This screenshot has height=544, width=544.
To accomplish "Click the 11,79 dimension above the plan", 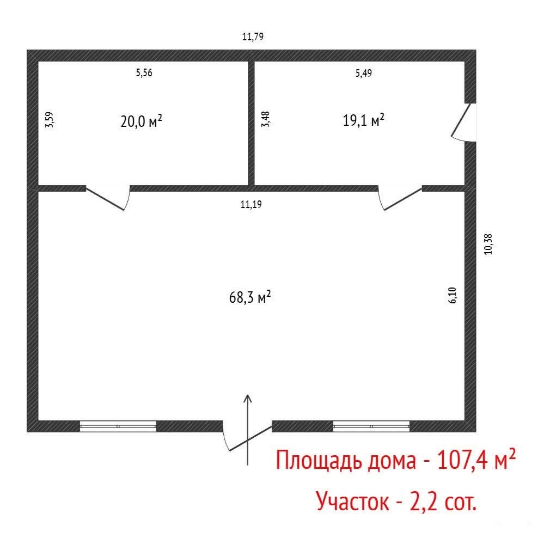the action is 253,36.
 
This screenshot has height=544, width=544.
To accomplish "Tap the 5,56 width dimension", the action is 144,73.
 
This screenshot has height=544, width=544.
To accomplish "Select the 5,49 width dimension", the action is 364,73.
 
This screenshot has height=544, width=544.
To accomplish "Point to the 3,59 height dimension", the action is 50,120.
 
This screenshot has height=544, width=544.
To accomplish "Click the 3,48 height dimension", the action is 265,119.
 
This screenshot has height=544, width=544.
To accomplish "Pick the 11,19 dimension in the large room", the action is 251,204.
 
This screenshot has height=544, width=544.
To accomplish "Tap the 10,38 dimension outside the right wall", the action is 488,245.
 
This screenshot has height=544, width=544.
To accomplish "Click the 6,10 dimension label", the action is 453,295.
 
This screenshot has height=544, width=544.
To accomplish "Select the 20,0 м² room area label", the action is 141,121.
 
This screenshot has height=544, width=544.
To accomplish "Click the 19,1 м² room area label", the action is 364,120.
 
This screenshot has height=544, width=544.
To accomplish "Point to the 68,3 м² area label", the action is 250,297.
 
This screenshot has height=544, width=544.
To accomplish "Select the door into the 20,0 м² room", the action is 108,198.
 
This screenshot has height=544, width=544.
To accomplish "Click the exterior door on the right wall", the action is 464,123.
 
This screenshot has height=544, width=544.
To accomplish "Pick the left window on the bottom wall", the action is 118,426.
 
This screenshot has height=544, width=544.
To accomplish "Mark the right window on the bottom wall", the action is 371,426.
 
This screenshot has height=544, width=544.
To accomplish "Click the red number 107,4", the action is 462,460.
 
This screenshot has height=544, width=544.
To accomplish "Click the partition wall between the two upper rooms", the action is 252,123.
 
